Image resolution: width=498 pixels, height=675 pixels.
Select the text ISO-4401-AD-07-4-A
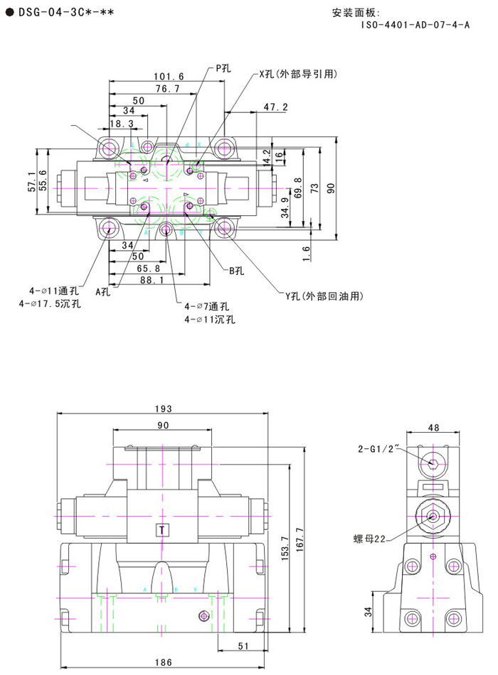pyautogui.click(x=415, y=25)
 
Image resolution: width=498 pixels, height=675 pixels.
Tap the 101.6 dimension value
pyautogui.click(x=169, y=76)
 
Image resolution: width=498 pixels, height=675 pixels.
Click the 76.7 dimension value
pyautogui.click(x=168, y=89)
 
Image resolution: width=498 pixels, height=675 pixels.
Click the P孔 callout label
pyautogui.click(x=223, y=68)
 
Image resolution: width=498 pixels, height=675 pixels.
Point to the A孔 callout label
pyautogui.click(x=103, y=291)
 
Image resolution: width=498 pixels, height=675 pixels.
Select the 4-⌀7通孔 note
pyautogui.click(x=206, y=306)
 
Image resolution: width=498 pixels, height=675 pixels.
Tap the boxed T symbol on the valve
pyautogui.click(x=163, y=529)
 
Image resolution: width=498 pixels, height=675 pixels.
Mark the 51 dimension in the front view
pyautogui.click(x=241, y=645)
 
